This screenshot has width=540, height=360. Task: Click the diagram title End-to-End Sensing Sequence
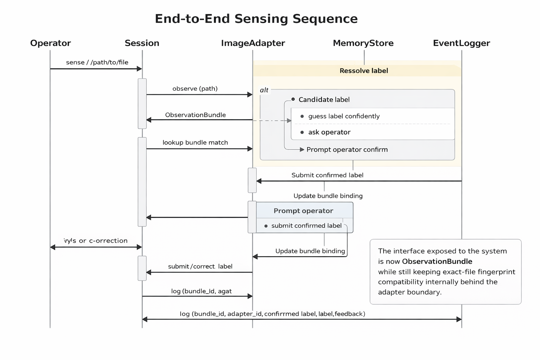point(256,19)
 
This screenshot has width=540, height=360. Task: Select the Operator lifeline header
point(50,43)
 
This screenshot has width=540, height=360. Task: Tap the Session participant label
point(142,43)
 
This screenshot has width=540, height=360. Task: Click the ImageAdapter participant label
point(253,43)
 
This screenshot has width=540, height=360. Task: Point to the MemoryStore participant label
point(363,43)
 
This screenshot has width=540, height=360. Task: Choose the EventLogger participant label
point(461,43)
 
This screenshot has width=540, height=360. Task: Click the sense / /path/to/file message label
point(97,63)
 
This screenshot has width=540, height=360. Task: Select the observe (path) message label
point(195,89)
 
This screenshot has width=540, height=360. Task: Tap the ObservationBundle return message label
point(195,115)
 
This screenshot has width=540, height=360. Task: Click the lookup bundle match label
point(195,142)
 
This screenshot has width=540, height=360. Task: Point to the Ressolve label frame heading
point(364,71)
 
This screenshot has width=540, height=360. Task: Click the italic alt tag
point(264,90)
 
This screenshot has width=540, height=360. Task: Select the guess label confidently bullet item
point(343,116)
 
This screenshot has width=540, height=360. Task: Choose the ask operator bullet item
point(329,132)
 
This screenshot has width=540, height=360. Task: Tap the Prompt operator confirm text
point(347,149)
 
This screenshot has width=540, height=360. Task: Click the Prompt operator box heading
point(303,211)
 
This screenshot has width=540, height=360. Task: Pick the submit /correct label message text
point(200,266)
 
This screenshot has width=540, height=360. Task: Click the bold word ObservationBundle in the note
point(437,261)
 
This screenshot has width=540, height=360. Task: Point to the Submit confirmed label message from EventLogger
point(327,175)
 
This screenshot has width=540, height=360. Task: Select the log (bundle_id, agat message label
point(201,291)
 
